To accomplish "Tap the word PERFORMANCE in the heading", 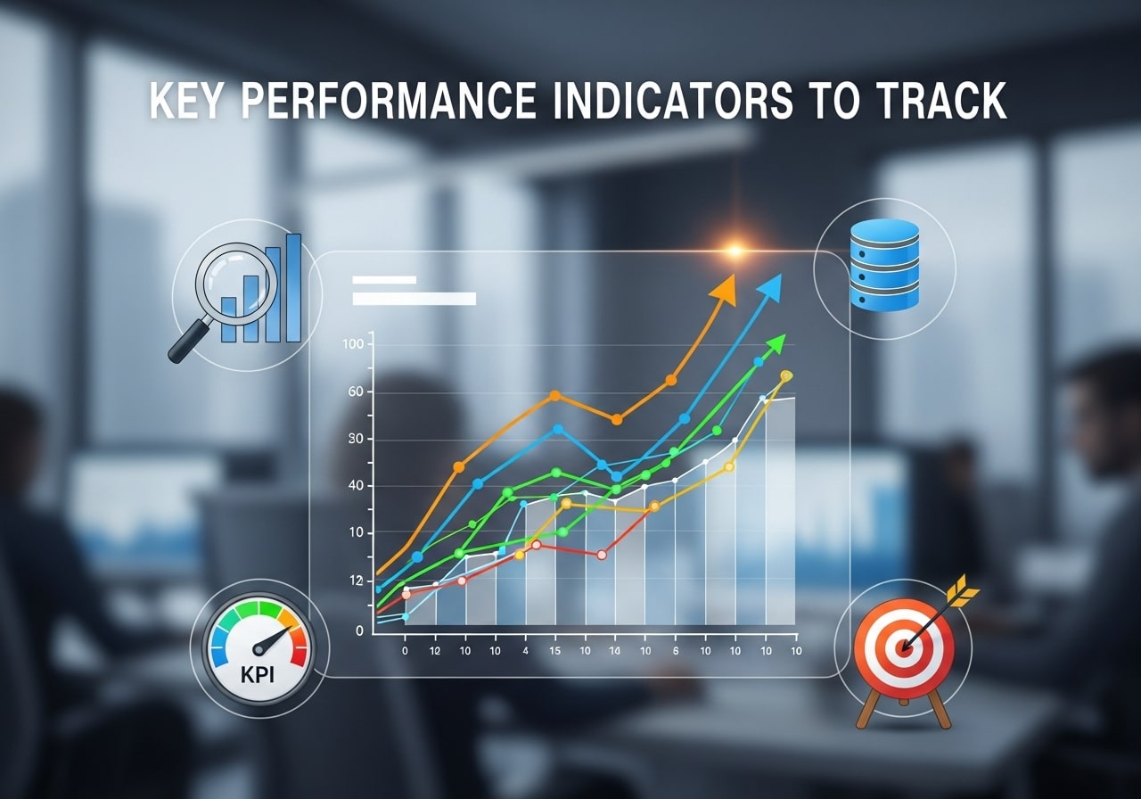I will pyautogui.click(x=389, y=102).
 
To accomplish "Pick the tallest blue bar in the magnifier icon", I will pyautogui.click(x=293, y=288).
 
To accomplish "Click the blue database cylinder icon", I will pyautogui.click(x=884, y=265).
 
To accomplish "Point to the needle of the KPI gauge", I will pyautogui.click(x=273, y=638).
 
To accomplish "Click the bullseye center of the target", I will pyautogui.click(x=904, y=647).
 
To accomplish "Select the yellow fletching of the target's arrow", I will pyautogui.click(x=961, y=590).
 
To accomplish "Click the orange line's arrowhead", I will pyautogui.click(x=726, y=289).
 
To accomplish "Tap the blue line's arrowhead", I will pyautogui.click(x=769, y=287).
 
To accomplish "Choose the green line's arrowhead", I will pyautogui.click(x=776, y=343).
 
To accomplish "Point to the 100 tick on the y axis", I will pyautogui.click(x=353, y=344).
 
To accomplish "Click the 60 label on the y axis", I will pyautogui.click(x=357, y=392).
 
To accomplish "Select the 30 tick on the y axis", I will pyautogui.click(x=357, y=439).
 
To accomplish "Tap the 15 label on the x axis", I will pyautogui.click(x=554, y=651).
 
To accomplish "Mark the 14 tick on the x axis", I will pyautogui.click(x=613, y=651).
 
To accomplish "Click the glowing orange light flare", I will pyautogui.click(x=735, y=251).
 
